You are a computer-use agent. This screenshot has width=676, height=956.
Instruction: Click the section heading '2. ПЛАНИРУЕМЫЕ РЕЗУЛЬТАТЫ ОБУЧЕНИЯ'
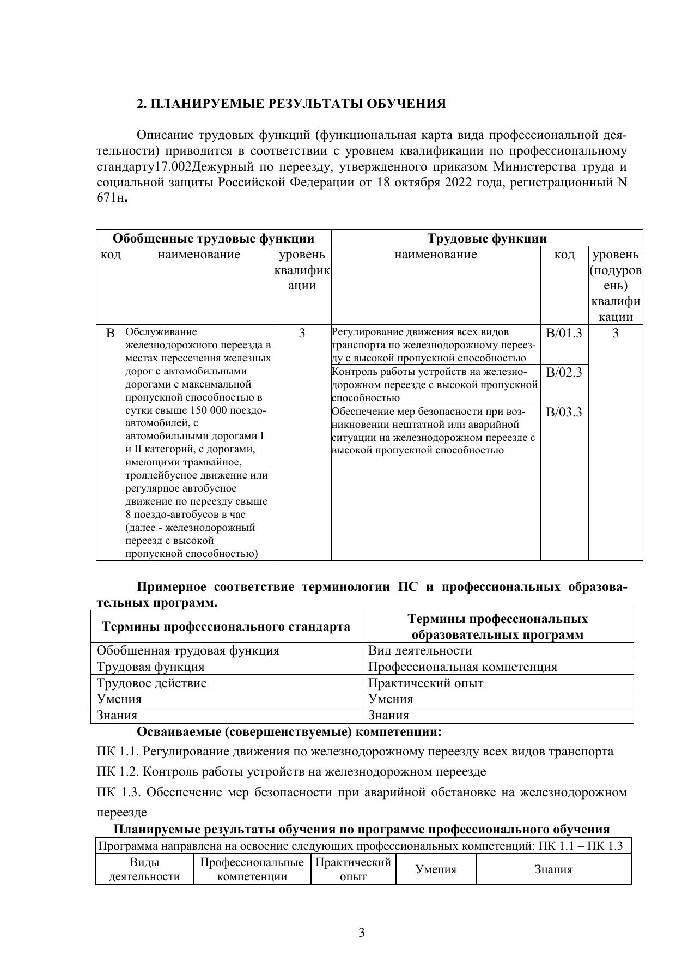(291, 104)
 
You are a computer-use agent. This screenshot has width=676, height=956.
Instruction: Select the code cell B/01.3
(564, 333)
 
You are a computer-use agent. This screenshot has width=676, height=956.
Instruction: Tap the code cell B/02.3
(564, 372)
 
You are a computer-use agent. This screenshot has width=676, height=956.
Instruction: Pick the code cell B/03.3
(564, 412)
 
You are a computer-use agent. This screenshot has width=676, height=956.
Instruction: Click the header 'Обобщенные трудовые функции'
(214, 238)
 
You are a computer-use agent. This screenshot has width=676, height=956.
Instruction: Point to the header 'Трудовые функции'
(486, 238)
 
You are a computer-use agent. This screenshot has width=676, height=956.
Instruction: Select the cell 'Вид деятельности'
(420, 650)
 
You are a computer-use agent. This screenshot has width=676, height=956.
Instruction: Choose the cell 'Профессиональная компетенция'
(462, 667)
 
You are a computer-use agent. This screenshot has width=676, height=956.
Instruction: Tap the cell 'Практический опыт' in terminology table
(425, 683)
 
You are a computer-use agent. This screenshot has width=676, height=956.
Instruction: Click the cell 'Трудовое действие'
(151, 683)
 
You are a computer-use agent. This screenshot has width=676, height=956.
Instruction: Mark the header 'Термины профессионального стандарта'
(226, 627)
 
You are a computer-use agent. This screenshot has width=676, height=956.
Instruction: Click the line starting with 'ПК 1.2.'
(291, 771)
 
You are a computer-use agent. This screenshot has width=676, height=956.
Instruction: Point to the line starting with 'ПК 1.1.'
(355, 752)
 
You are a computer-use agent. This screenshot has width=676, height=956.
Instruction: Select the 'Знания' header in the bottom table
(553, 869)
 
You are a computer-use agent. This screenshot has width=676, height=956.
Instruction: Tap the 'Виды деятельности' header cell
(144, 869)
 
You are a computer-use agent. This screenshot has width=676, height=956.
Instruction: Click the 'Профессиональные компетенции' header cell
(252, 869)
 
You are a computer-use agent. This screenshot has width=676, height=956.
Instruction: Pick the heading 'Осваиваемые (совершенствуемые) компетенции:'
(289, 731)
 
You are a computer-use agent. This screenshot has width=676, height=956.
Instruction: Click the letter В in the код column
(111, 333)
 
